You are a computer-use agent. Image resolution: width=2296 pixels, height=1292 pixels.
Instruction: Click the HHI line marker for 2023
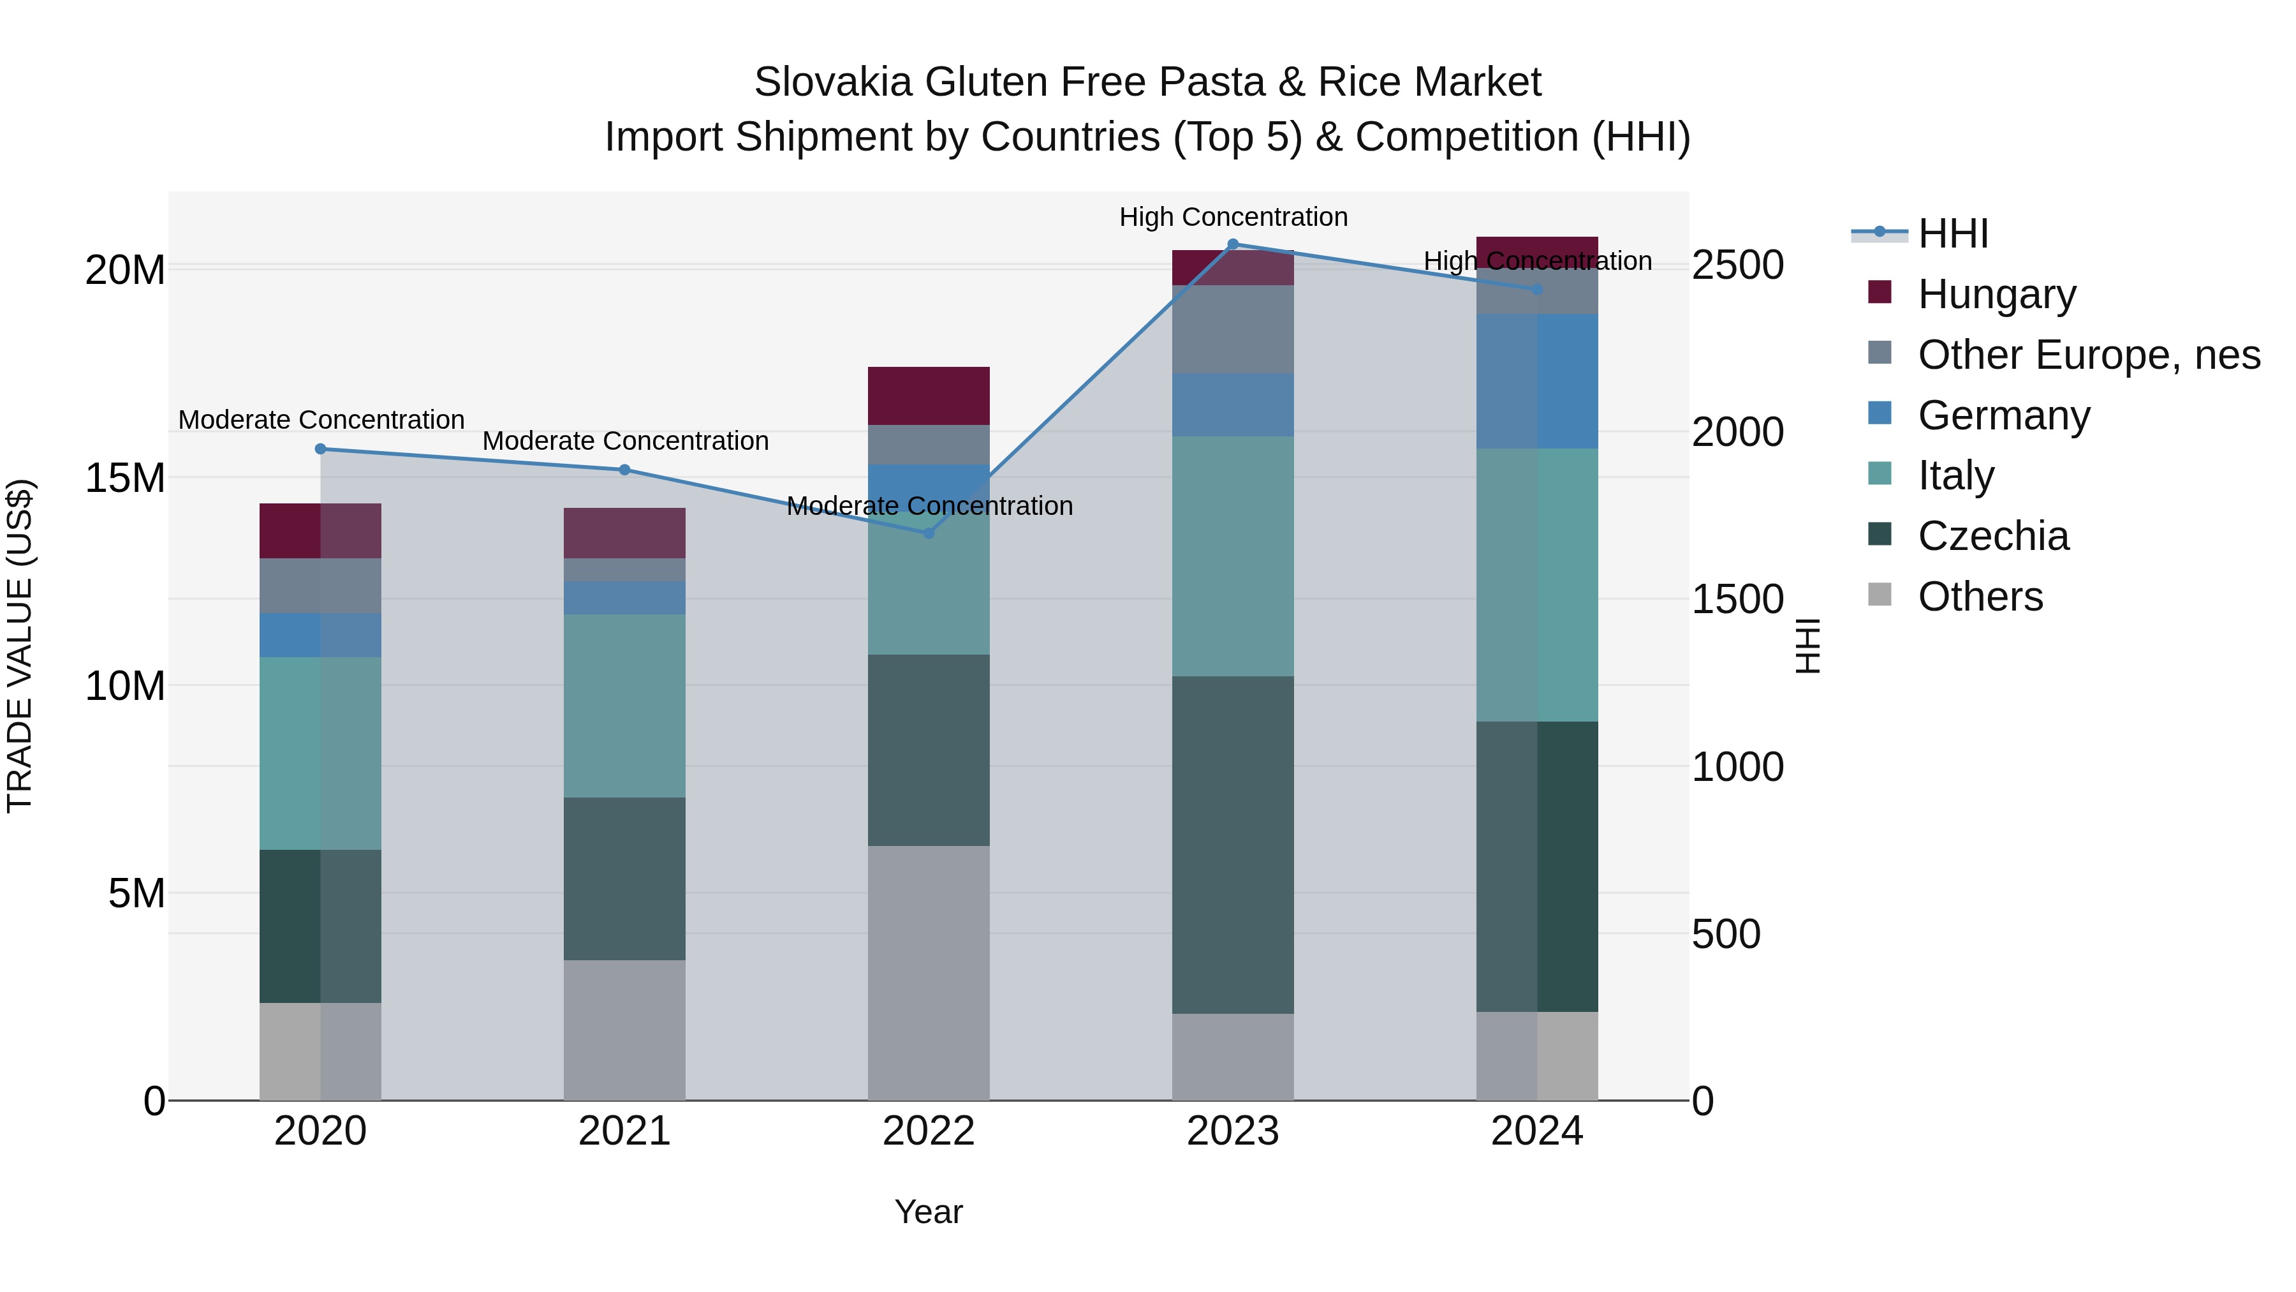coord(1233,244)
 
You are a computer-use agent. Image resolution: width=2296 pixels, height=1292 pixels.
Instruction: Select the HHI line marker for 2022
coord(928,533)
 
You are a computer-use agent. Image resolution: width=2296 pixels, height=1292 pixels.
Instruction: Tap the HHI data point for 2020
coord(320,449)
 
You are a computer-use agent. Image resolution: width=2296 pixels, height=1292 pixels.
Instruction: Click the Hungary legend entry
coord(1996,293)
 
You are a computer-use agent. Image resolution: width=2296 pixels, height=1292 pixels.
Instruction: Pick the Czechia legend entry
coord(1993,536)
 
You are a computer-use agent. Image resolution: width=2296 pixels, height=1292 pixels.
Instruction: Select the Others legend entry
coord(1980,597)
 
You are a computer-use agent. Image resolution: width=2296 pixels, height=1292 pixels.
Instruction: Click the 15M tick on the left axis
coord(125,478)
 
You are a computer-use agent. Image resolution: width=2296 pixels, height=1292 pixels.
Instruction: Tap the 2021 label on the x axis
coord(624,1131)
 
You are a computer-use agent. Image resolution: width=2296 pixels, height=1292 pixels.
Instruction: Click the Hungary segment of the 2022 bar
coord(928,396)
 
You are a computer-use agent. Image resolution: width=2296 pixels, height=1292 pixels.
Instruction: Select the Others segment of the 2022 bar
coord(928,972)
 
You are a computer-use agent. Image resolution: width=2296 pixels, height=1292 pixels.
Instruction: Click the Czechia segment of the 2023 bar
coord(1233,843)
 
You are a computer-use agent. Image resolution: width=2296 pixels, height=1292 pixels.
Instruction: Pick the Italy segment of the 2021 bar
coord(624,705)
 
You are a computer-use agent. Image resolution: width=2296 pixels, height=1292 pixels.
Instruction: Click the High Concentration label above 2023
coord(1233,217)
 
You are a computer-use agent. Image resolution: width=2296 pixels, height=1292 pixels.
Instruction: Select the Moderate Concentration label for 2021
coord(625,440)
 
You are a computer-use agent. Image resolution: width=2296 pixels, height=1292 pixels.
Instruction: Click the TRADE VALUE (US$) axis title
coord(20,646)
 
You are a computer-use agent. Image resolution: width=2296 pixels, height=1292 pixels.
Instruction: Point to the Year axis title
coord(928,1212)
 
